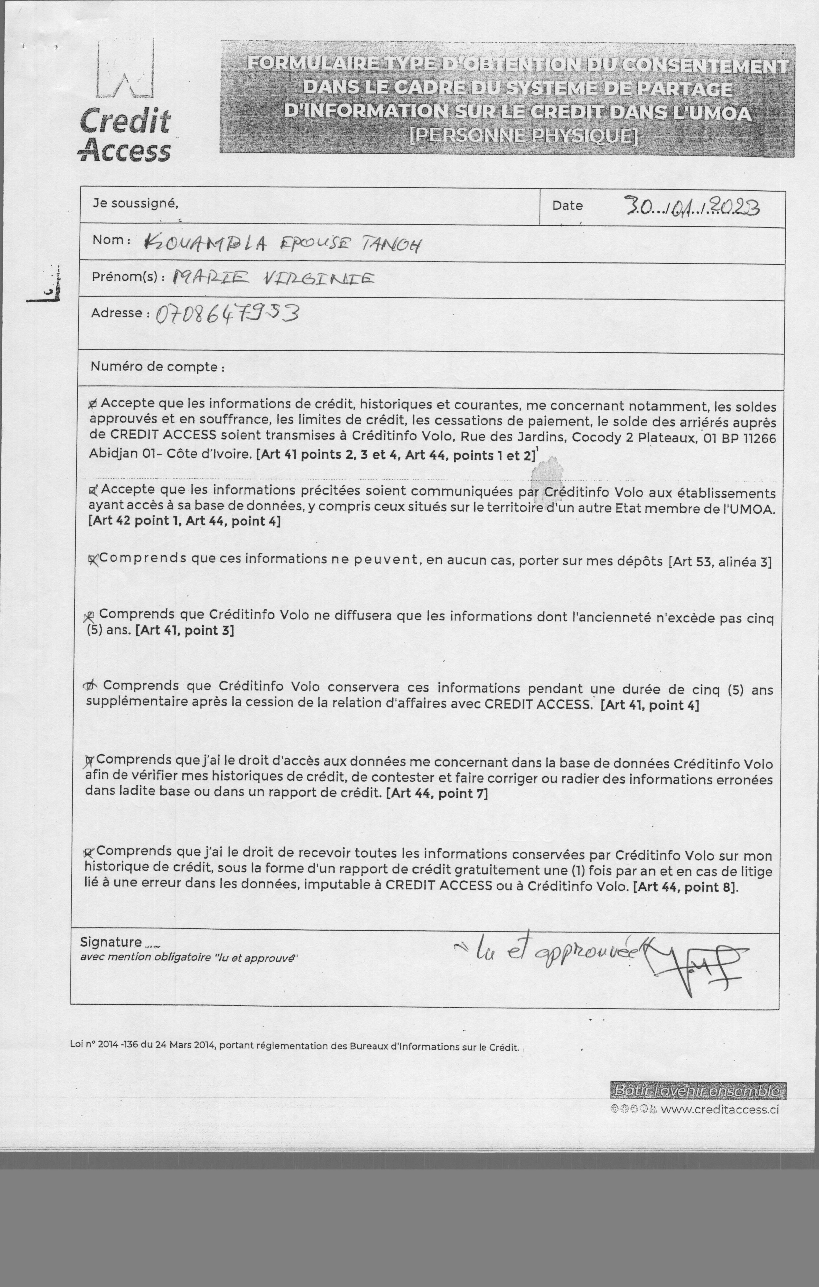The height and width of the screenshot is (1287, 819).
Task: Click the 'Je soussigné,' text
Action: pyautogui.click(x=135, y=203)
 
